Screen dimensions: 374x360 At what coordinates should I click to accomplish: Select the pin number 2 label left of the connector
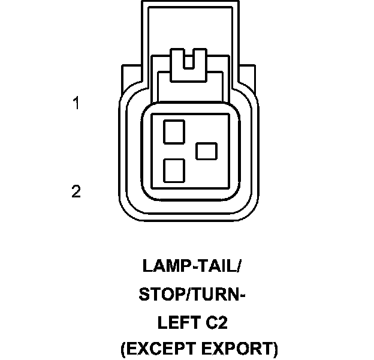tap(76, 192)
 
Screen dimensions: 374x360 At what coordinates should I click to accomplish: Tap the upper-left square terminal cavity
tap(174, 131)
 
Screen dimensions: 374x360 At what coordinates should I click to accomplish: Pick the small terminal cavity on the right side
tap(207, 150)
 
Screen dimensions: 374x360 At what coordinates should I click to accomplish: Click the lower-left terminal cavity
tap(174, 171)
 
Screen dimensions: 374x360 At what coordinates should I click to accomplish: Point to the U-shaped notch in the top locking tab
tap(188, 61)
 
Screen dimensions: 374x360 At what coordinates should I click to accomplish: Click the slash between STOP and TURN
tap(184, 295)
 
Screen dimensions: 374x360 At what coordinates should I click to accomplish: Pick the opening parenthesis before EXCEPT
tap(123, 349)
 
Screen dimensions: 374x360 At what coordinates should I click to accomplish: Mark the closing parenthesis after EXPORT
tap(276, 349)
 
